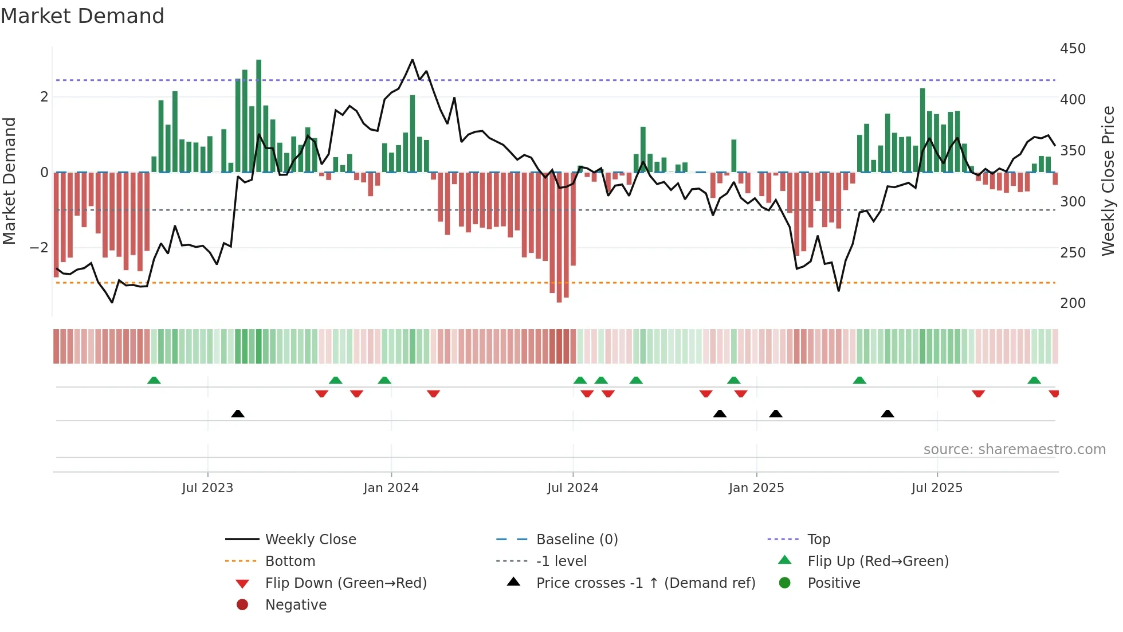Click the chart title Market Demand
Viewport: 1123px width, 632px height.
83,16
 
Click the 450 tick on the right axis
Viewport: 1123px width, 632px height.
1073,49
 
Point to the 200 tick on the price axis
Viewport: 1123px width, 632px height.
1073,303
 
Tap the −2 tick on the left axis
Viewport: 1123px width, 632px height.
39,248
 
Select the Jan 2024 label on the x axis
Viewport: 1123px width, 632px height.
391,488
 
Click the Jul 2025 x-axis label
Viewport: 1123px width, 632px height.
937,488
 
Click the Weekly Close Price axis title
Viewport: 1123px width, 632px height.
1108,181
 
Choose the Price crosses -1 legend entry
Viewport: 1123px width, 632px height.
645,583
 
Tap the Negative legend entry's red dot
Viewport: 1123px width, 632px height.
242,605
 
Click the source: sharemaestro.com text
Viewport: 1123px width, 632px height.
1014,450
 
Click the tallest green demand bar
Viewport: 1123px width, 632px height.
259,115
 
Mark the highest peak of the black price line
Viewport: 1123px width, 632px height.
412,60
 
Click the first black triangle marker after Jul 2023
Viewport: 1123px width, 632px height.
238,413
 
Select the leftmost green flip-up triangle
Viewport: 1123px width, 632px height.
154,380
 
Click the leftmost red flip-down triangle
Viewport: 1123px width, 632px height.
321,393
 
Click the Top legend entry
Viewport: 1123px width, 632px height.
818,540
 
